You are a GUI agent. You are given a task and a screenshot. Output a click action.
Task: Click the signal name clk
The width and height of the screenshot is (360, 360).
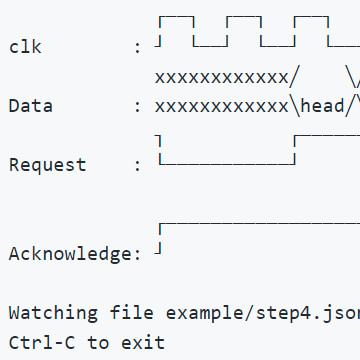25,47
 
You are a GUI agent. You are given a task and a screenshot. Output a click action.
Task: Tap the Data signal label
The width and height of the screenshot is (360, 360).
31,106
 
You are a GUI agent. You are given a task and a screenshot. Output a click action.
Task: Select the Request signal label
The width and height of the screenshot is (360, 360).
48,165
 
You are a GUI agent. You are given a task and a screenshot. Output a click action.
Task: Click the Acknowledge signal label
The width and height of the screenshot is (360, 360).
71,254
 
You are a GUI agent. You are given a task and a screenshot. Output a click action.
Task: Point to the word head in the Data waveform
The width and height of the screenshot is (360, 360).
322,106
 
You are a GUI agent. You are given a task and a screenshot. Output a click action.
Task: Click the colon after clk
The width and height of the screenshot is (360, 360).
137,48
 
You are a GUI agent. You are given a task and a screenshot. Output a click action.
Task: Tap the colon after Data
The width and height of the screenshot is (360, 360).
137,107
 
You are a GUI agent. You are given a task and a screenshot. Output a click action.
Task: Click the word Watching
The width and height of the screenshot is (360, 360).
53,313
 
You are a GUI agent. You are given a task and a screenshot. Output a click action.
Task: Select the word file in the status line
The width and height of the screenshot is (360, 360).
132,312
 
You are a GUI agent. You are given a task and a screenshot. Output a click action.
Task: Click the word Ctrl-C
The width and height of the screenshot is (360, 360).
42,342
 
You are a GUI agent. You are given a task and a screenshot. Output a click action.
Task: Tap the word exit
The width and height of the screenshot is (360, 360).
143,342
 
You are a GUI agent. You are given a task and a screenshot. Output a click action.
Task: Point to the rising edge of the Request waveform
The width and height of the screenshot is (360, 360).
295,150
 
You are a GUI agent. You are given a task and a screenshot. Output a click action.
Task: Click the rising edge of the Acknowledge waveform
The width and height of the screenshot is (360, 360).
160,239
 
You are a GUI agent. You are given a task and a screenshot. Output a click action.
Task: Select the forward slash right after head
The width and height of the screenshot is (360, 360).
348,106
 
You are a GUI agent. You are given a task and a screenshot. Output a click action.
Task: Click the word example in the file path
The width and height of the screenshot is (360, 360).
205,313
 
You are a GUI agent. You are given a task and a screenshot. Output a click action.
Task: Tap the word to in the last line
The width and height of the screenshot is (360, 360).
98,342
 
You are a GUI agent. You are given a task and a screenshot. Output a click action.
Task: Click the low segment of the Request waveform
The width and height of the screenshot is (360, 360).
227,164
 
